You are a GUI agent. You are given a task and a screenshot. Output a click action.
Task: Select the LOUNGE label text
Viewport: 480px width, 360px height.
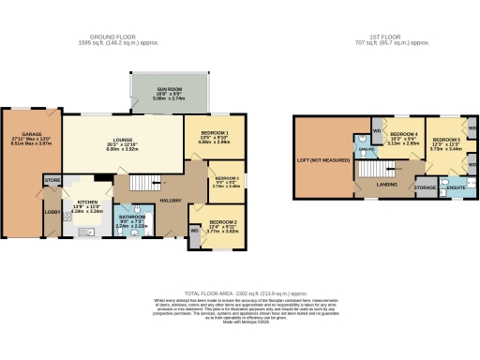tap(127, 142)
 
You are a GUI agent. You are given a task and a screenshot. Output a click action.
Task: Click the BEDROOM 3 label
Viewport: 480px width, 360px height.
tap(227, 178)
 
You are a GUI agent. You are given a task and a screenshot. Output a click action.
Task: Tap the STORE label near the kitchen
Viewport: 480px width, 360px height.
tap(52, 179)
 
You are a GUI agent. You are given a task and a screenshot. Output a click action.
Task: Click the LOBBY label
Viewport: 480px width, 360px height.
tap(49, 211)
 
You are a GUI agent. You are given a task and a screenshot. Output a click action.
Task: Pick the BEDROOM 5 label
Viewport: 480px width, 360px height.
tap(444, 139)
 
